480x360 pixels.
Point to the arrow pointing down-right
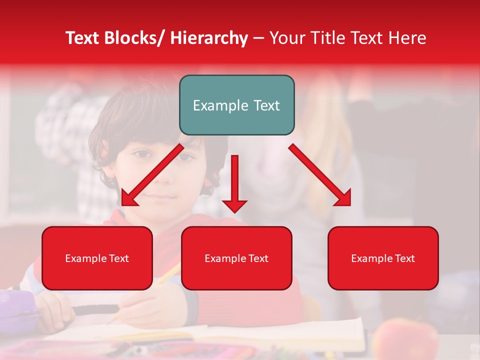point(320,175)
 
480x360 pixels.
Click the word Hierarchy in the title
point(208,38)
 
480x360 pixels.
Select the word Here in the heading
point(406,38)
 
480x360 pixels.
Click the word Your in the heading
point(286,38)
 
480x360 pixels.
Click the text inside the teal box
point(236,105)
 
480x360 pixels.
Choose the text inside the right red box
point(383,258)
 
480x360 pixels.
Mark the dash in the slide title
point(258,38)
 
